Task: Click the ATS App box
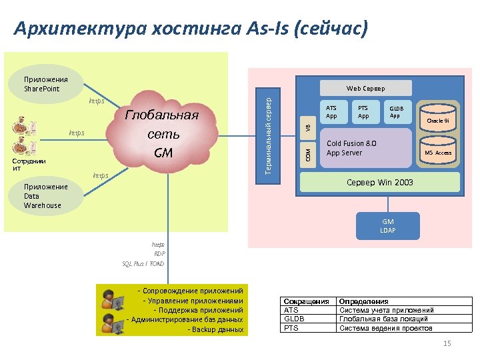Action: click(x=331, y=112)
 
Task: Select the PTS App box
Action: click(x=363, y=112)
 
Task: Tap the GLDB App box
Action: click(x=396, y=112)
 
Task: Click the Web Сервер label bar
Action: click(x=365, y=88)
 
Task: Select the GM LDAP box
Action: click(x=388, y=226)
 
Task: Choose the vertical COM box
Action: click(x=307, y=155)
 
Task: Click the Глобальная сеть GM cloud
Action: click(x=163, y=133)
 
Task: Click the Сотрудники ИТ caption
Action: click(x=26, y=165)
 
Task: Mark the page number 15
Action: click(x=447, y=343)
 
